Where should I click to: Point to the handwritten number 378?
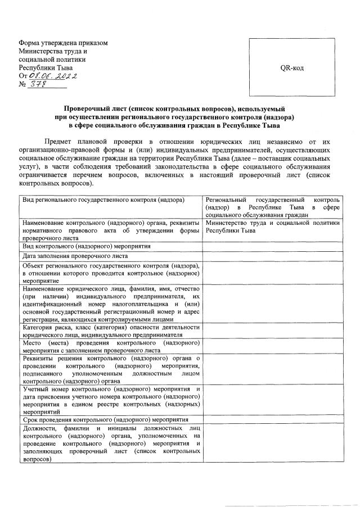click(x=38, y=84)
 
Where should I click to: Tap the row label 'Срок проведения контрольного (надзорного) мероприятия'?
click(x=105, y=419)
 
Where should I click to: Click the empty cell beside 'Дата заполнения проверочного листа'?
click(x=272, y=256)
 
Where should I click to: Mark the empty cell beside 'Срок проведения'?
click(x=272, y=419)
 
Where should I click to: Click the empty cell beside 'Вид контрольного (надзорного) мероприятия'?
click(x=272, y=246)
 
